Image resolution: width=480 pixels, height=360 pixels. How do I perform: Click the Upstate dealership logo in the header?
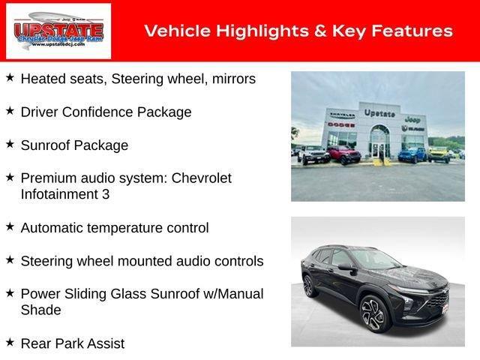coord(58,31)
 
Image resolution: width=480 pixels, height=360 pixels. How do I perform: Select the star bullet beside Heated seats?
coord(10,77)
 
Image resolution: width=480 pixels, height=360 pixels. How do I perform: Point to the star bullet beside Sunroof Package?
coord(10,144)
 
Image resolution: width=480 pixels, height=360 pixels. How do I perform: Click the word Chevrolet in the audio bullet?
coord(202,178)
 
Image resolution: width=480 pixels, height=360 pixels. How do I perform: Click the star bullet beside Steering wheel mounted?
coord(10,259)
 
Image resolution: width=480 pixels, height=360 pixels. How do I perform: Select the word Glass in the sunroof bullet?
coord(154,294)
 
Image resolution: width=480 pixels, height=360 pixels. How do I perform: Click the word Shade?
coord(40,310)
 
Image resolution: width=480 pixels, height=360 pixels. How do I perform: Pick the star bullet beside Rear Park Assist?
coord(10,342)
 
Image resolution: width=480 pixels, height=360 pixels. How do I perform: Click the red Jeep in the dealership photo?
coord(343,154)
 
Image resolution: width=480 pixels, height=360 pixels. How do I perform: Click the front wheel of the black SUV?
coord(373,315)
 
